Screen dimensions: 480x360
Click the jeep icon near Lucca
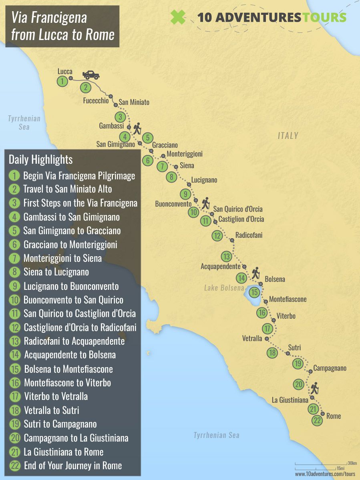click(91, 75)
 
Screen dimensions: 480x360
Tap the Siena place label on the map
click(187, 165)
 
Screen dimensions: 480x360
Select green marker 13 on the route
click(226, 256)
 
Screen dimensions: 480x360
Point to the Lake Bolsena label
click(224, 288)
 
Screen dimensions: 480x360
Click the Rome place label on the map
click(334, 416)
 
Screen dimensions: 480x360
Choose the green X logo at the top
click(178, 17)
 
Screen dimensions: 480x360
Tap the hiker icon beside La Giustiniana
click(314, 388)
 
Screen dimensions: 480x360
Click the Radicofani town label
click(249, 235)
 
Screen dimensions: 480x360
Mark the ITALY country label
click(288, 136)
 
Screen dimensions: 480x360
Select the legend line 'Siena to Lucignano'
click(56, 272)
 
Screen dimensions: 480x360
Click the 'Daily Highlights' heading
click(40, 160)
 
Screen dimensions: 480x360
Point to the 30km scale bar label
click(352, 463)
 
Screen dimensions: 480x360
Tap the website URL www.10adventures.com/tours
click(325, 474)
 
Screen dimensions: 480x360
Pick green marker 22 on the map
click(317, 421)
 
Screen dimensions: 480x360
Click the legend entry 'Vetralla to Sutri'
click(51, 410)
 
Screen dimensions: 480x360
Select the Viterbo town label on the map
click(286, 316)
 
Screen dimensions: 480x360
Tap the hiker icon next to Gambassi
click(137, 129)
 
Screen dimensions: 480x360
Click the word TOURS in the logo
click(325, 17)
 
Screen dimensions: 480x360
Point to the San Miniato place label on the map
click(134, 102)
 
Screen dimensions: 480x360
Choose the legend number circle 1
click(14, 175)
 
